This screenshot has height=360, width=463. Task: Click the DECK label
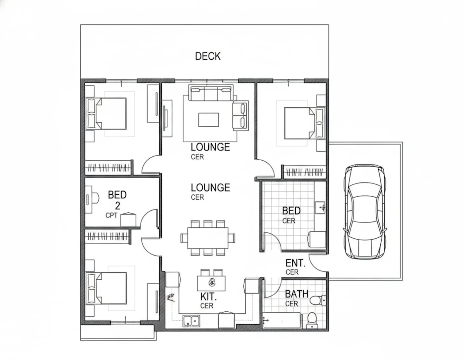coord(208,56)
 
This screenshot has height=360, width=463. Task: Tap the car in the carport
coord(365,212)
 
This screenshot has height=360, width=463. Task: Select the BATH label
coord(297,294)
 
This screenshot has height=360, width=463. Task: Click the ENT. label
coord(295,263)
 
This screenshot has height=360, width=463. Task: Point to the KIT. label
coord(208,297)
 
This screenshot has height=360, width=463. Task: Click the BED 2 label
coord(117,200)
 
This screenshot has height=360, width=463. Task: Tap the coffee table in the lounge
coord(208,120)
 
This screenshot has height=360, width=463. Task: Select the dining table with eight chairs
coord(208,238)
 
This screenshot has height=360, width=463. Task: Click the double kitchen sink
coord(191,321)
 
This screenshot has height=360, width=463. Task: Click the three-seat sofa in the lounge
coord(211,93)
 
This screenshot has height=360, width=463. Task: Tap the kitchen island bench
coord(211,283)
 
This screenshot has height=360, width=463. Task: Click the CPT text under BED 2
coord(111,216)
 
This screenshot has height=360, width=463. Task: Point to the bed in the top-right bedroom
coord(305,123)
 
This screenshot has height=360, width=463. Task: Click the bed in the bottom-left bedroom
coord(106,288)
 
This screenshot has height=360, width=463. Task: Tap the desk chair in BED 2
coord(96,198)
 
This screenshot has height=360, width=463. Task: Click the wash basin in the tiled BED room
coord(320,208)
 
